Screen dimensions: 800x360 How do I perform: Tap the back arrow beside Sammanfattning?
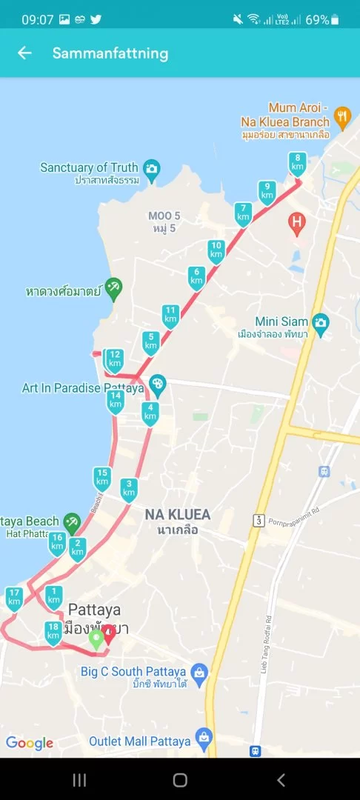(x=25, y=53)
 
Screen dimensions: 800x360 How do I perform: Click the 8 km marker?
(x=297, y=163)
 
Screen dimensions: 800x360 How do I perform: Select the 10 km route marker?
(x=216, y=250)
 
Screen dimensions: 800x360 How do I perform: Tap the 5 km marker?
(x=151, y=342)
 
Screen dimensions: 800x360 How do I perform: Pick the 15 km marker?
(x=102, y=478)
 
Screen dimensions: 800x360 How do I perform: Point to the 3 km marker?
(x=129, y=489)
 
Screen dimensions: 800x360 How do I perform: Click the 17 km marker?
(x=14, y=597)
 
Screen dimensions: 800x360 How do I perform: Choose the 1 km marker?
(x=53, y=596)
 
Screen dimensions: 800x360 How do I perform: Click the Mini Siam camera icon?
(x=321, y=322)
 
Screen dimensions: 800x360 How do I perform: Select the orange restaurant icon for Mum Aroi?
(x=341, y=116)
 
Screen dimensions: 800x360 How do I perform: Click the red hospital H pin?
(x=297, y=221)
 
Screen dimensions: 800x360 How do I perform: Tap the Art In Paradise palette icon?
(x=157, y=384)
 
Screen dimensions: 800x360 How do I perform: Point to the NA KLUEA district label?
(x=177, y=515)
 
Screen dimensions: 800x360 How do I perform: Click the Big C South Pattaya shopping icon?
(x=200, y=673)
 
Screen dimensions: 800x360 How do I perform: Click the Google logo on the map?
(x=30, y=743)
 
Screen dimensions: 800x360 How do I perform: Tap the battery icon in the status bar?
(x=336, y=20)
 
